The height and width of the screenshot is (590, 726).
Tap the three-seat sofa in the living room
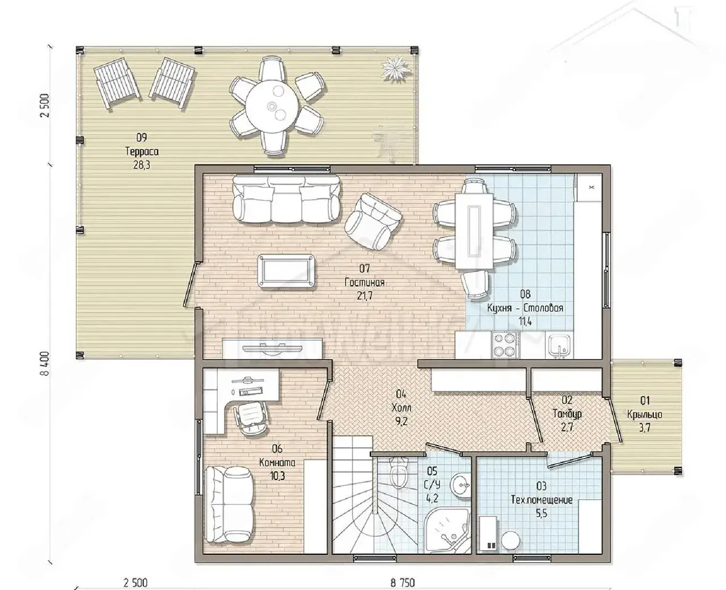tap(286, 200)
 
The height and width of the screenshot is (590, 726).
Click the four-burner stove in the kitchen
tap(505, 345)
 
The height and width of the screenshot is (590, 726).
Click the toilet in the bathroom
tap(398, 472)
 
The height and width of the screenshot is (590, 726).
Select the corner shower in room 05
tap(447, 536)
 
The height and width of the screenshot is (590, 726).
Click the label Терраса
tap(142, 151)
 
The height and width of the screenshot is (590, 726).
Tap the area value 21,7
tap(365, 296)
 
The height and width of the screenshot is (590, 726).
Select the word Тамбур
tap(567, 414)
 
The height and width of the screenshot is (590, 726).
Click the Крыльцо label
tap(645, 414)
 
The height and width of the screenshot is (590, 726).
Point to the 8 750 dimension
tap(403, 583)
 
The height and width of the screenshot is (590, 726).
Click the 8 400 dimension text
tap(45, 364)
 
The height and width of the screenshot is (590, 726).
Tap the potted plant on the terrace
tap(395, 69)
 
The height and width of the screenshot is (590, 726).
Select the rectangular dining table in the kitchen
tap(474, 231)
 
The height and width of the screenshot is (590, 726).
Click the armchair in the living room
tap(373, 221)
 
